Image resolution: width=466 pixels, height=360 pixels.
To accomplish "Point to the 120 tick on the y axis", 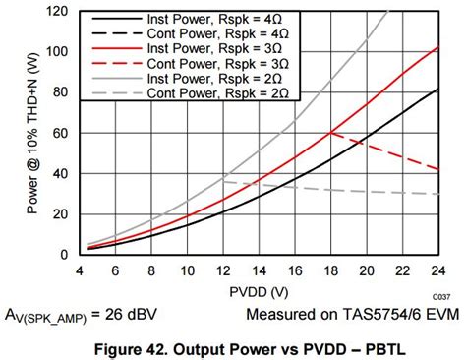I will pyautogui.click(x=62, y=11).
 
